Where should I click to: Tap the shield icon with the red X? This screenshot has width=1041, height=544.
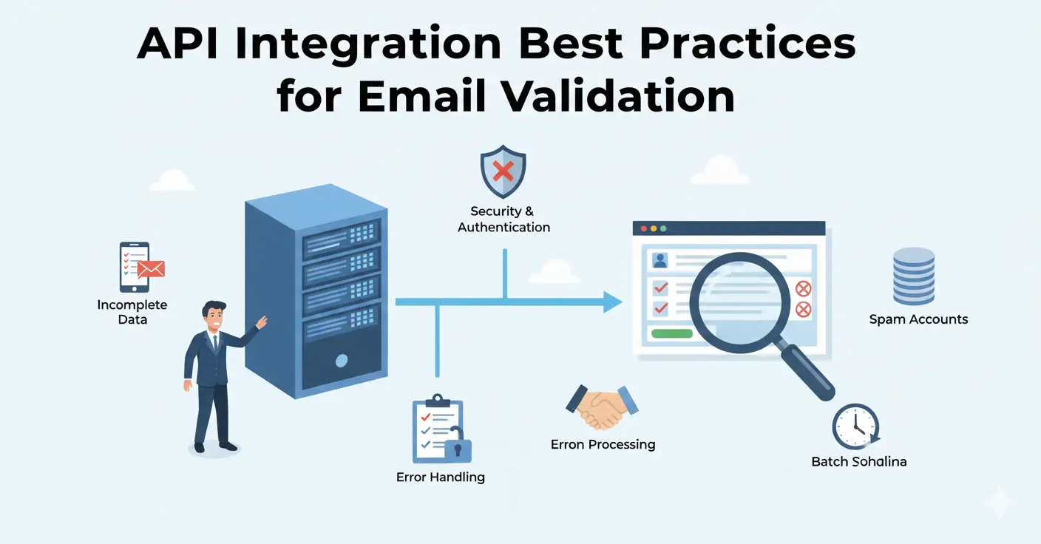(503, 172)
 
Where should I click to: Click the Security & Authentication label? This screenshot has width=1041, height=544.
(503, 220)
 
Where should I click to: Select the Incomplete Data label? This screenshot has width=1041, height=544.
(132, 312)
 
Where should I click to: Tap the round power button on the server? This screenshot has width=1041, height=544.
(341, 361)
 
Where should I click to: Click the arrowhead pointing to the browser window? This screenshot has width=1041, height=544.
(612, 302)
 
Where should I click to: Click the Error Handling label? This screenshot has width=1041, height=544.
(441, 477)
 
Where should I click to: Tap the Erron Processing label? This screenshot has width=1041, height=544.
(603, 444)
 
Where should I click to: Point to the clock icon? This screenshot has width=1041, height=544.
(855, 426)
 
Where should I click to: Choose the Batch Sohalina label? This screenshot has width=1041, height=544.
(858, 461)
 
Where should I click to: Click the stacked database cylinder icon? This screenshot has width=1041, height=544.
(913, 276)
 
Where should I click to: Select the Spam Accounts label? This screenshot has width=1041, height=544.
(918, 319)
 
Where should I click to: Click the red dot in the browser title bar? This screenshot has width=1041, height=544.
(643, 229)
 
